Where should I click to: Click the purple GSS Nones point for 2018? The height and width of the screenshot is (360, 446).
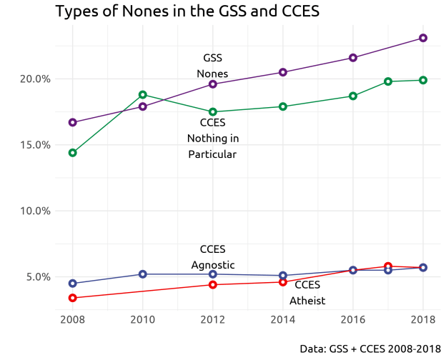click(423, 38)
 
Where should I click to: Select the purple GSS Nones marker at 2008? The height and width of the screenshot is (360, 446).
click(72, 122)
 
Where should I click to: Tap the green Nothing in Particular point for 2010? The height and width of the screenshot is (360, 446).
click(143, 94)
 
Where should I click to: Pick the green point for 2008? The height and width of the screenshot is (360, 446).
click(72, 153)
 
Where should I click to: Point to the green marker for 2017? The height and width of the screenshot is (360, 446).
click(388, 81)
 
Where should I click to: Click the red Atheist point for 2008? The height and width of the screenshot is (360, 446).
click(72, 298)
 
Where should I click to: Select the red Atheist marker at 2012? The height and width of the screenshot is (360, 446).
click(213, 285)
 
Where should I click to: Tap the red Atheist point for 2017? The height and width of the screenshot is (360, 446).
click(388, 266)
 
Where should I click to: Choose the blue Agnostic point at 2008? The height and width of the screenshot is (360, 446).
click(72, 284)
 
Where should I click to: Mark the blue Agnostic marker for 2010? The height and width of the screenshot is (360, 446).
click(143, 274)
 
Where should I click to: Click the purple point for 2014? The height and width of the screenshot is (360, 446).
click(283, 72)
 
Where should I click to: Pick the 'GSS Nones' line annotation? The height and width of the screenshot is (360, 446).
click(212, 66)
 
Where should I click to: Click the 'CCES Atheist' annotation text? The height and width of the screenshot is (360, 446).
click(307, 293)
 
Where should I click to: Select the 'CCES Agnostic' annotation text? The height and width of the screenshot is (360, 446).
click(212, 257)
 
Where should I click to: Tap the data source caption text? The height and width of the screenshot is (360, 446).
click(370, 349)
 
